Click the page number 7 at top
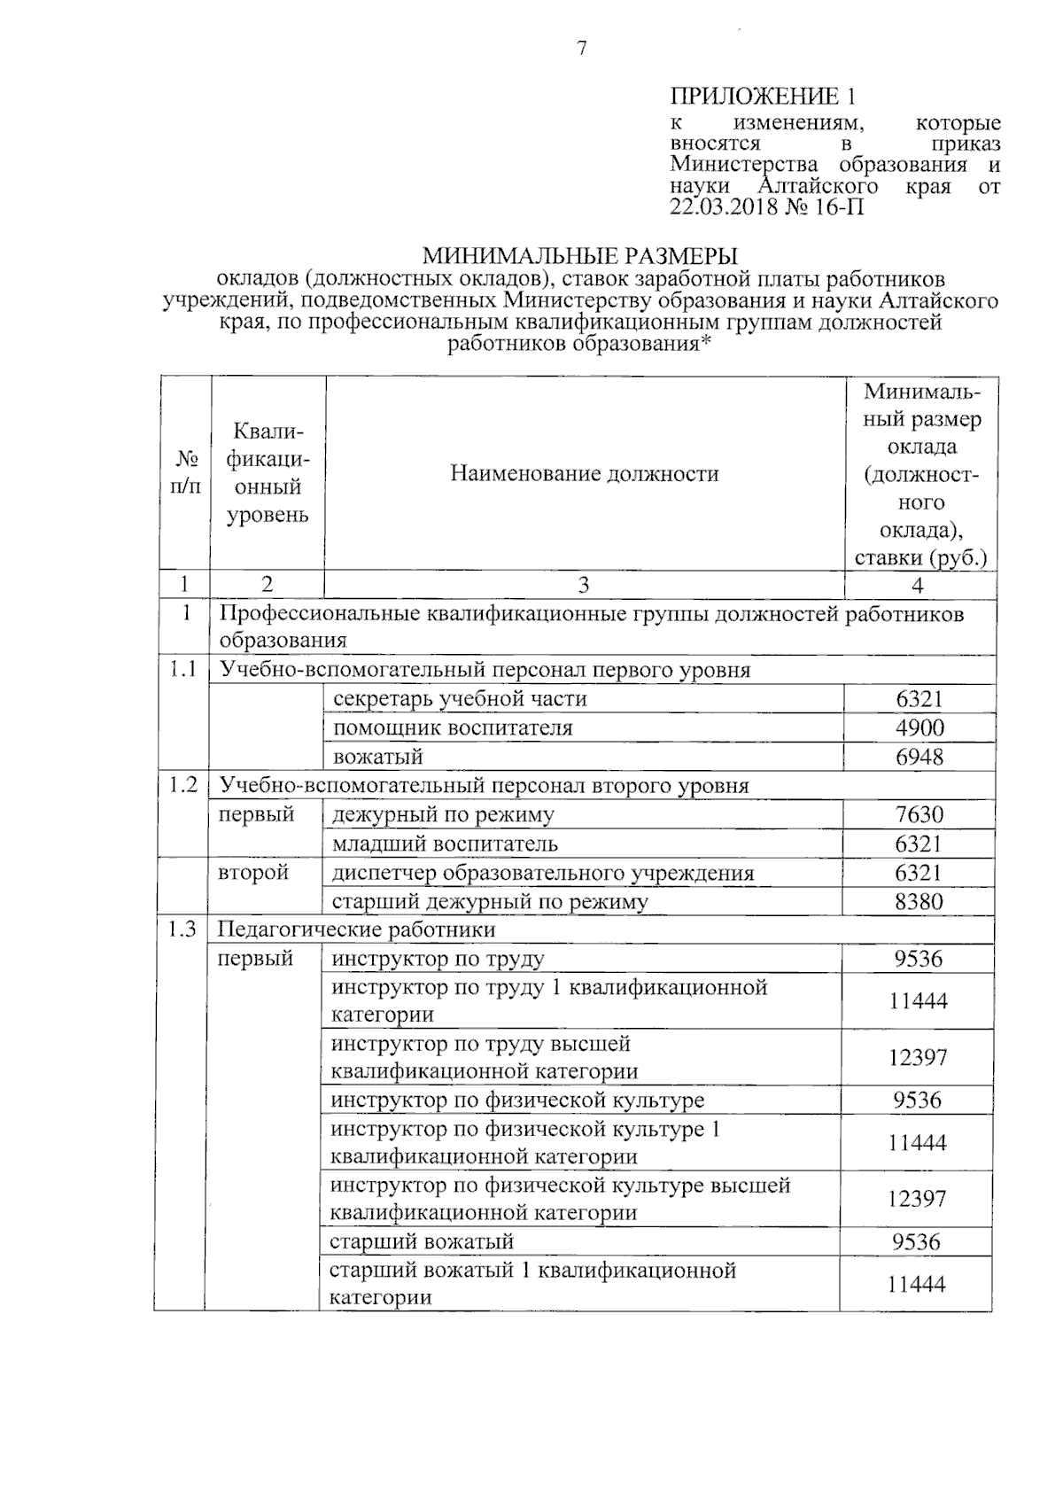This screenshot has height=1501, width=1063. point(582,50)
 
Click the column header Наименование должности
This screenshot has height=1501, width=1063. point(584,474)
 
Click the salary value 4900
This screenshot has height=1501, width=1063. point(919,728)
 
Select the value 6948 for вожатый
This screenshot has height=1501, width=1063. point(919,757)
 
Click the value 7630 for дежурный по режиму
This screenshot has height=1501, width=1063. point(919,814)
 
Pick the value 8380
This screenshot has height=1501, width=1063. point(919,902)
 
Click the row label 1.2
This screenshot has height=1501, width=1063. point(182,785)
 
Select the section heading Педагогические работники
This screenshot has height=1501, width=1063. point(357,929)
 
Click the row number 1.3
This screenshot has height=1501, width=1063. point(181,929)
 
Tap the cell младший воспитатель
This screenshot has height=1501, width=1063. point(445,844)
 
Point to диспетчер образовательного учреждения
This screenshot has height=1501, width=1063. point(542,873)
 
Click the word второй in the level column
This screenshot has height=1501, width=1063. point(254,873)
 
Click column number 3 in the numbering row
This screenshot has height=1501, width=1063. point(583,585)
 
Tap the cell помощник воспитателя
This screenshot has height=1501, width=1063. point(453,728)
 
